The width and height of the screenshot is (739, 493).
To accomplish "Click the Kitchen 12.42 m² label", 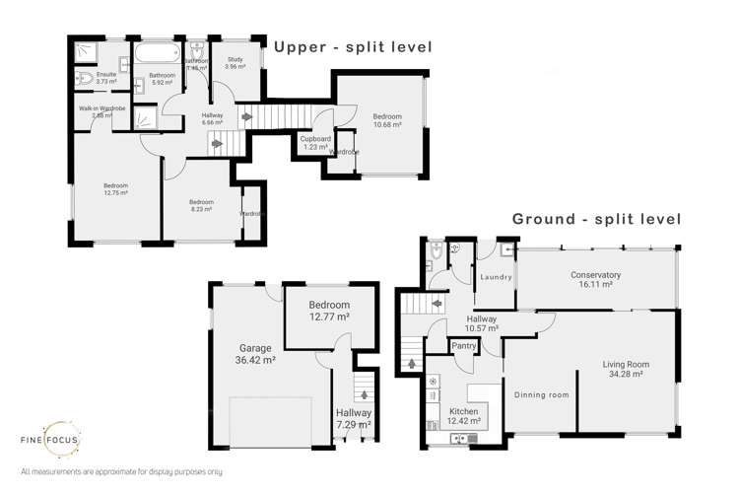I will click(x=463, y=416).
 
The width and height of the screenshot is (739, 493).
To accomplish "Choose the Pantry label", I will click(x=464, y=346).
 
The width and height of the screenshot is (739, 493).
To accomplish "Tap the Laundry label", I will click(x=495, y=277).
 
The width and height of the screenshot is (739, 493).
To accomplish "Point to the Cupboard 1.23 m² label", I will click(x=314, y=144).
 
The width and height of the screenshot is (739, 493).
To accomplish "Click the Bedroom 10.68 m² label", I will click(x=386, y=121).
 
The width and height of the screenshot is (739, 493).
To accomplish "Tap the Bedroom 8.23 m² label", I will click(x=201, y=205).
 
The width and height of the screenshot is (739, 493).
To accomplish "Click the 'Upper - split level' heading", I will click(x=353, y=46).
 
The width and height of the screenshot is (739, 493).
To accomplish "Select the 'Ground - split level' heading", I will click(x=596, y=218).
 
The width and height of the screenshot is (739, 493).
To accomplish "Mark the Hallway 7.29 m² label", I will click(x=353, y=419).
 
